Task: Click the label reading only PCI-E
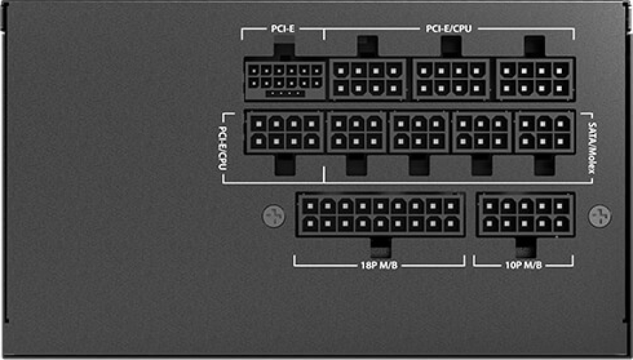[x=283, y=29]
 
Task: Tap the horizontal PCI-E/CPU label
[x=449, y=29]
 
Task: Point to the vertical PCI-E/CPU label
[x=222, y=148]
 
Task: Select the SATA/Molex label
[x=592, y=148]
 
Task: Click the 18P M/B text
[x=379, y=265]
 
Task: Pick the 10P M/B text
[x=523, y=265]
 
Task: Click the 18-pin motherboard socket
[x=381, y=214]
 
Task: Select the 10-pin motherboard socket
[x=525, y=214]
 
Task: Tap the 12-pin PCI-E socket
[x=285, y=79]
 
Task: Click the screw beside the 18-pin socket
[x=274, y=216]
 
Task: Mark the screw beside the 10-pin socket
[x=600, y=216]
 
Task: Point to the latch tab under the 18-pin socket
[x=381, y=247]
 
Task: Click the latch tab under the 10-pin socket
[x=526, y=247]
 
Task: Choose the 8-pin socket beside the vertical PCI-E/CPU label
[x=285, y=132]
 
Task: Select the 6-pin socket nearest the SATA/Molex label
[x=545, y=132]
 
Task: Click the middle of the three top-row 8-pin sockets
[x=451, y=79]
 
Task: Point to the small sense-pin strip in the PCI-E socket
[x=285, y=94]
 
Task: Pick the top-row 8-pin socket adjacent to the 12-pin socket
[x=368, y=79]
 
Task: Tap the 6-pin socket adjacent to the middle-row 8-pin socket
[x=357, y=132]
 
